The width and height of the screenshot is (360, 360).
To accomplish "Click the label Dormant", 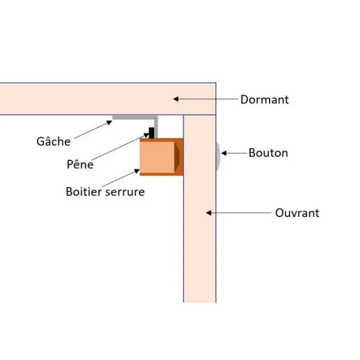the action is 265,100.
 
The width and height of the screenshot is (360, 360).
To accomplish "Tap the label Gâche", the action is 54,141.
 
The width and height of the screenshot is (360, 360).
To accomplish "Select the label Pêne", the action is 80,164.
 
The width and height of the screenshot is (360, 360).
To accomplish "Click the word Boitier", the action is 84,192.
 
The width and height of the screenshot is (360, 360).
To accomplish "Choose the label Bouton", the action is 268,153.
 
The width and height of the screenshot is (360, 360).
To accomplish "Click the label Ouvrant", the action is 297,213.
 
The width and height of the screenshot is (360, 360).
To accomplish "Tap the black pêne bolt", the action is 151,133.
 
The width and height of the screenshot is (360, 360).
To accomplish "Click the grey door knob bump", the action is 218,156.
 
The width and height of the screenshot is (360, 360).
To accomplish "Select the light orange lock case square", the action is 157,157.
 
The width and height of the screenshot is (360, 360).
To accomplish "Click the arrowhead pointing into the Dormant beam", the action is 176,99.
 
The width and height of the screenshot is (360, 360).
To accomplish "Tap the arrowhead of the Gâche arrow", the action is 109,123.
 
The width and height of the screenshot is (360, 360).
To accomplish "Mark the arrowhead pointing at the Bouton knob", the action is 224,153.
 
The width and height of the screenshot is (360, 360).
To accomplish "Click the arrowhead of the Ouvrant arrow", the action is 209,213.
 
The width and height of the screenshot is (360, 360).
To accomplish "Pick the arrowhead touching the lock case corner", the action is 137,171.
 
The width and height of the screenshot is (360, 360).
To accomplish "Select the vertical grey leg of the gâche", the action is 156,127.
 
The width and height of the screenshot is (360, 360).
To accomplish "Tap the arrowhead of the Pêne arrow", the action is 146,135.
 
